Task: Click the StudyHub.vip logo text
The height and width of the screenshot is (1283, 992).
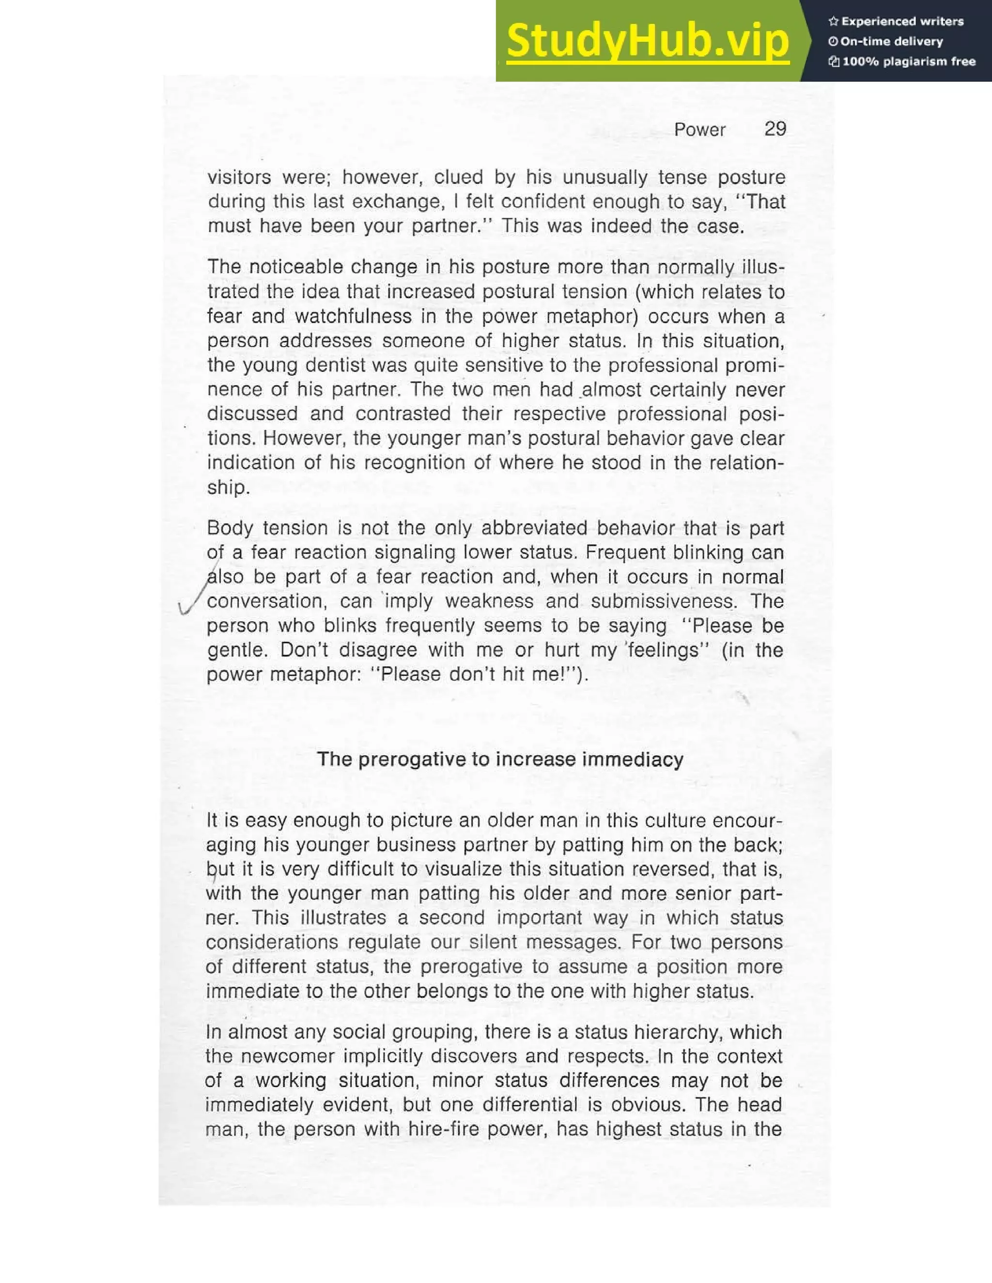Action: click(647, 41)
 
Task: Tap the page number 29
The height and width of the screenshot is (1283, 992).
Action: click(775, 129)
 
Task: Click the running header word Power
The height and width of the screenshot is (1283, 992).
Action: click(699, 129)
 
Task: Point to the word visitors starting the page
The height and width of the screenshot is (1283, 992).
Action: click(239, 177)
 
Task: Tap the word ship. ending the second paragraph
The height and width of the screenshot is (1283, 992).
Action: click(228, 488)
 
